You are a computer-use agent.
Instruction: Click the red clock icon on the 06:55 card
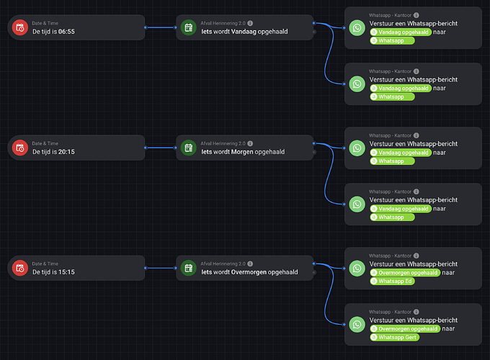[x=19, y=27]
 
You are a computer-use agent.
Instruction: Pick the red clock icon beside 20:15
[x=19, y=148]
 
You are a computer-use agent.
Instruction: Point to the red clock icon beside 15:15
[x=19, y=268]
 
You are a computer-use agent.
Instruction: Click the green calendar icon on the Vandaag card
[x=188, y=27]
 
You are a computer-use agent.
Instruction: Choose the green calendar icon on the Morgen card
[x=188, y=148]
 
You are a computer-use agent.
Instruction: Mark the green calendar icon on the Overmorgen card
[x=188, y=268]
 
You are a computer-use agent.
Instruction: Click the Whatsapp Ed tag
[x=393, y=282]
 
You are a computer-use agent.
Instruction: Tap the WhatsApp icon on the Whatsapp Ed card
[x=357, y=269]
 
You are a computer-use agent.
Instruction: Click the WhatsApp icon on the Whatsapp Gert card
[x=357, y=324]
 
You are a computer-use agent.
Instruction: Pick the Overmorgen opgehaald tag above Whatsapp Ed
[x=404, y=273]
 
